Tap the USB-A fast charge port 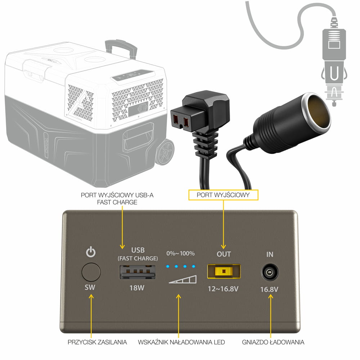point(138,272)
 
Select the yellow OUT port point(224,271)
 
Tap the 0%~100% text point(180,253)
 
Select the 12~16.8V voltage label point(224,289)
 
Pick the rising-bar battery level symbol point(183,279)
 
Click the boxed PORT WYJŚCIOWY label point(224,195)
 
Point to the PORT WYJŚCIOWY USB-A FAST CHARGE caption point(117,199)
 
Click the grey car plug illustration point(334,63)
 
